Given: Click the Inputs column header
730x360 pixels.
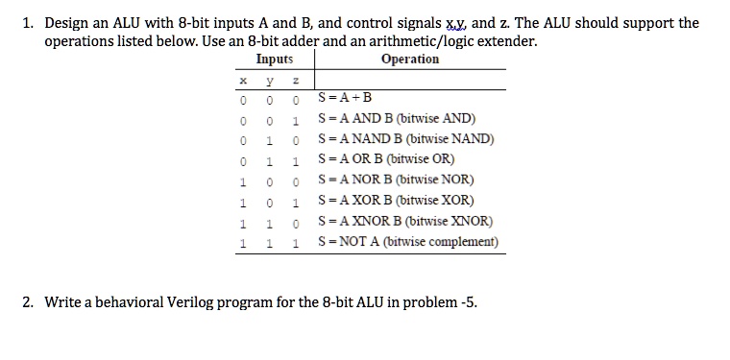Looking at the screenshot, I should tap(275, 60).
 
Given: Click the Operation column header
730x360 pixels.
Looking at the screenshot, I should tap(410, 60).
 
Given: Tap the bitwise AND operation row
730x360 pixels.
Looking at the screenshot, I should tap(396, 118).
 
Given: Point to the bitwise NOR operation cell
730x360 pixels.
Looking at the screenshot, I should tap(394, 180).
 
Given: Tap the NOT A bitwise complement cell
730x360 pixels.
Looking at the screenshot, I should tap(407, 242).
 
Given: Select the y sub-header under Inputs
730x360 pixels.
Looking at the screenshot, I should tap(274, 81).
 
